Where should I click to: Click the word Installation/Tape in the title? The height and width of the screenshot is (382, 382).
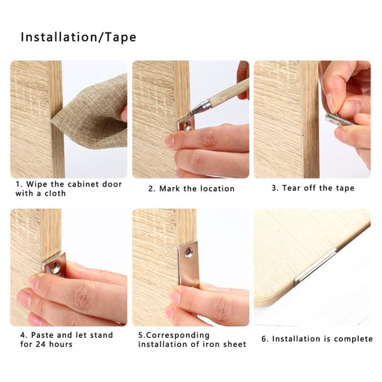[78, 38]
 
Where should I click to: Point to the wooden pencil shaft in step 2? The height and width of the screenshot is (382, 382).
[229, 91]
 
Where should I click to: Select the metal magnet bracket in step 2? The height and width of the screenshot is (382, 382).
[186, 124]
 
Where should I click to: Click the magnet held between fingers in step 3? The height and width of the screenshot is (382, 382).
[337, 120]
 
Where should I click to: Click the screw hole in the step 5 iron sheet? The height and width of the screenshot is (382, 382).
[188, 252]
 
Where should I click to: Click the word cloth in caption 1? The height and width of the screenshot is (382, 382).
[55, 193]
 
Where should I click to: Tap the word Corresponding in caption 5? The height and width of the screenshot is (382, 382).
[178, 336]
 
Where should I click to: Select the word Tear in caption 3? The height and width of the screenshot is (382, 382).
[291, 188]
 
